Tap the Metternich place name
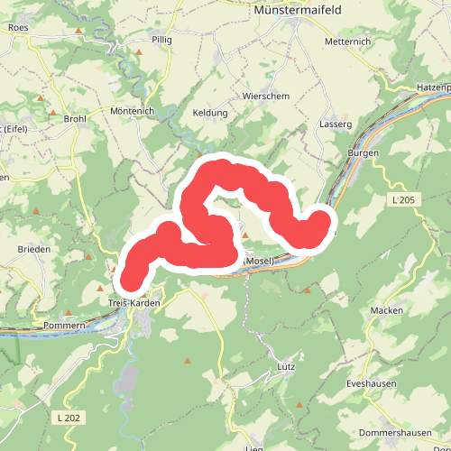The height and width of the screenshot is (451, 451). coord(346,41)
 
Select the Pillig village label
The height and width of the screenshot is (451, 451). coord(161,41)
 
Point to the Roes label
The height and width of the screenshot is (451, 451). coord(18,28)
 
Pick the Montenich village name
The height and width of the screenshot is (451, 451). coord(133,110)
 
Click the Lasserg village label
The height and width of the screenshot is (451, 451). coord(335,124)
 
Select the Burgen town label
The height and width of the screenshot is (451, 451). coord(363,153)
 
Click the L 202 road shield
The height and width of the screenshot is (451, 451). coord(68,418)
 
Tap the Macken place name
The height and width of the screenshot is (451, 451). coord(386,310)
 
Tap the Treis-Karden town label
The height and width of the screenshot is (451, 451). coord(133,303)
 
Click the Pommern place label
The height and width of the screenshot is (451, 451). coord(63,325)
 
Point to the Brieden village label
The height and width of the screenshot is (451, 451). coord(32,249)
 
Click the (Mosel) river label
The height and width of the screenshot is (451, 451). coord(259,261)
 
